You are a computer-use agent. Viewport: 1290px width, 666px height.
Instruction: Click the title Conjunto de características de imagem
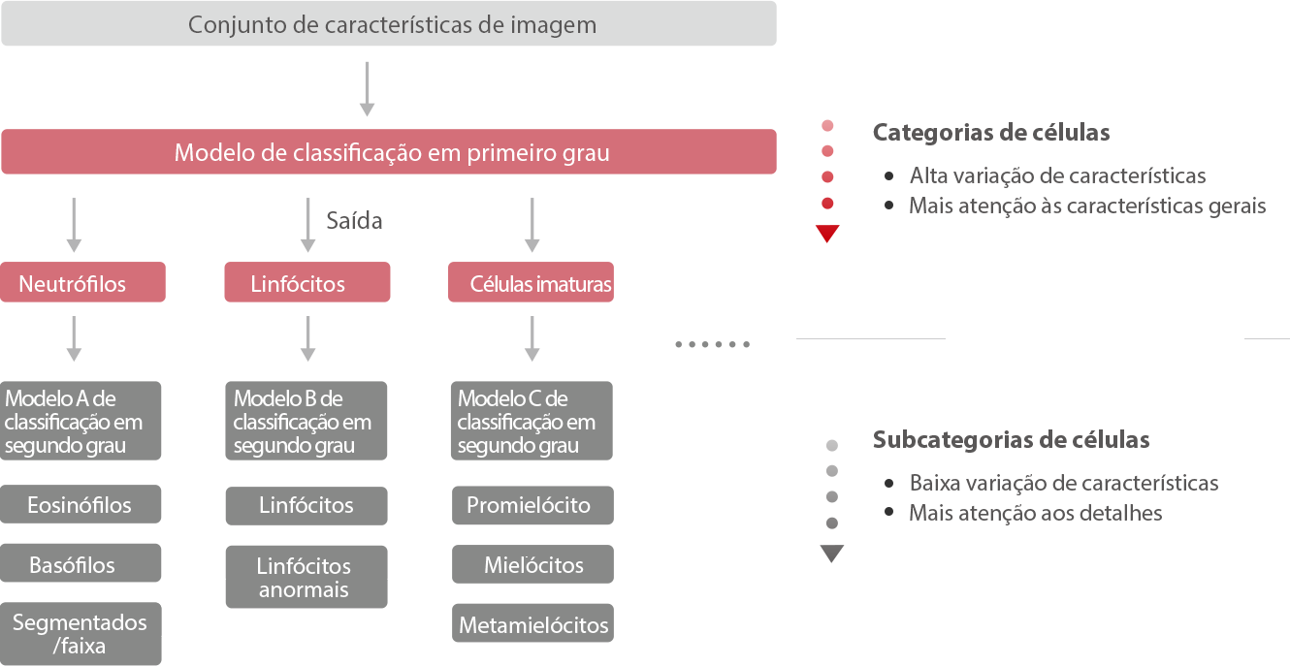[392, 25]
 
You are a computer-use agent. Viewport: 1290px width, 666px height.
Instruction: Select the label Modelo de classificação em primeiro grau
[392, 153]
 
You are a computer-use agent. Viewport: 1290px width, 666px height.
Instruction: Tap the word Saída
[355, 221]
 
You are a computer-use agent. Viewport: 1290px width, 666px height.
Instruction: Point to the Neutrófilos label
[73, 284]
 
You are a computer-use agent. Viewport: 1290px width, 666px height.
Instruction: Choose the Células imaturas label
[540, 284]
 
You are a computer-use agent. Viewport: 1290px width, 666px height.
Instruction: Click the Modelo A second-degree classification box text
[74, 423]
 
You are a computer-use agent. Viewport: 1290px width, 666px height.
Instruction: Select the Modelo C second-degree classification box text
[526, 423]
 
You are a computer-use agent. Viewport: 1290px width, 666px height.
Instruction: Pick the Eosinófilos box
[80, 505]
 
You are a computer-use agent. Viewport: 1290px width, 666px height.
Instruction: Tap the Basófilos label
[72, 565]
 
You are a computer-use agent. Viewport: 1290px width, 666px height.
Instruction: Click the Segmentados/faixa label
[80, 634]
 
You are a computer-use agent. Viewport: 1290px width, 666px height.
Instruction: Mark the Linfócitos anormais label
[304, 578]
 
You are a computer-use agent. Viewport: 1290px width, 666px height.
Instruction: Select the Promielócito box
[529, 505]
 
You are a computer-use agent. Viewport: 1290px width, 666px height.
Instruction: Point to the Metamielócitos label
[533, 625]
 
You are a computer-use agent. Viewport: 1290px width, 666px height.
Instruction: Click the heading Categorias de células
[991, 133]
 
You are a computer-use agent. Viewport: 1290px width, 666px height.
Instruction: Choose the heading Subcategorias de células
[1011, 440]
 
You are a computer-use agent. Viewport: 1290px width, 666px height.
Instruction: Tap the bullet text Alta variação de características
[1057, 176]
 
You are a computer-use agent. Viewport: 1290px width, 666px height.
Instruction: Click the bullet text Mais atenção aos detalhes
[1035, 514]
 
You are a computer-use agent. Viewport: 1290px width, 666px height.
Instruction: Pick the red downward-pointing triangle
[827, 234]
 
